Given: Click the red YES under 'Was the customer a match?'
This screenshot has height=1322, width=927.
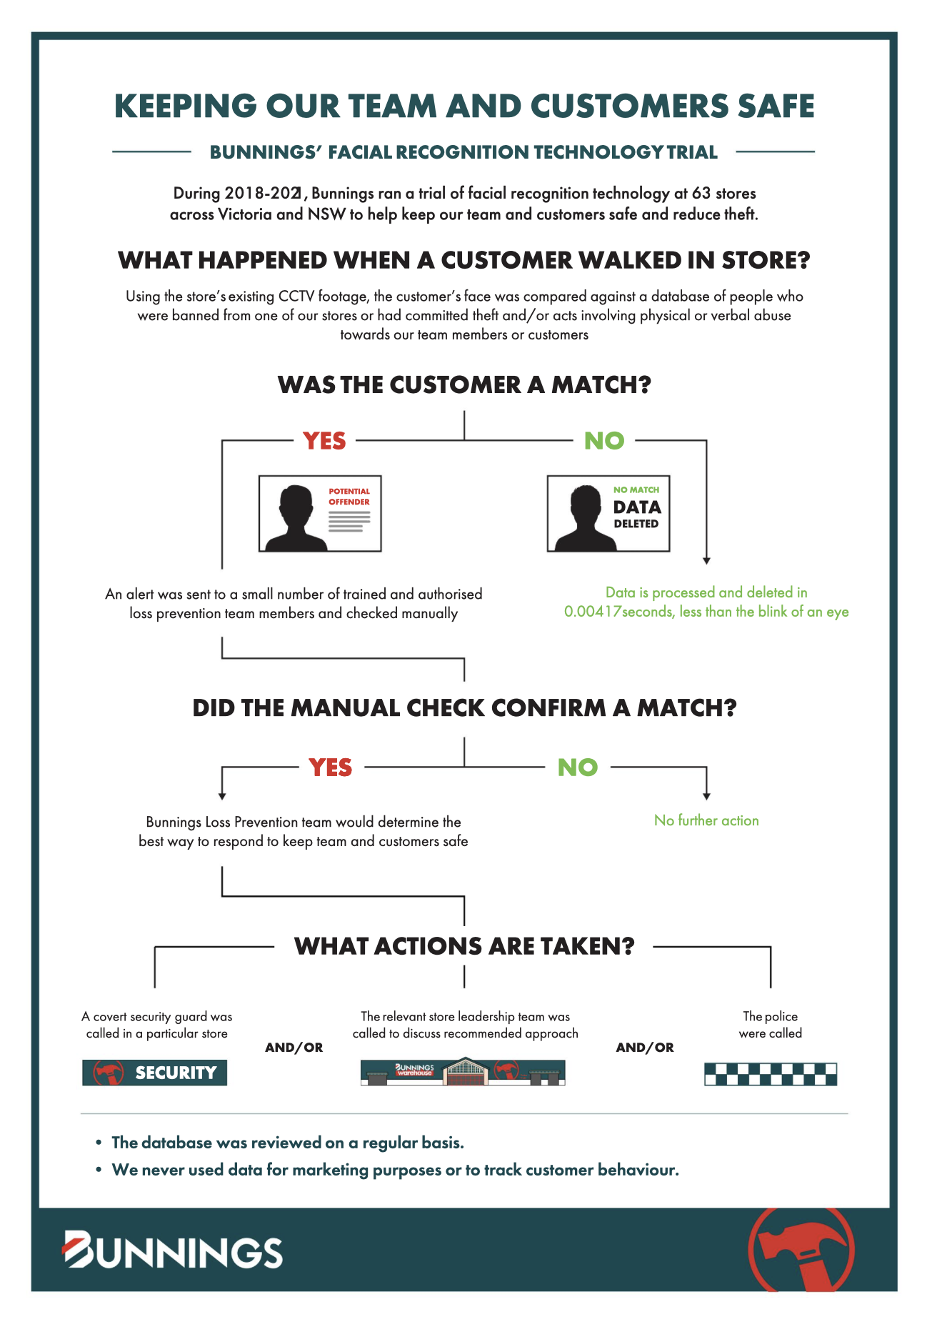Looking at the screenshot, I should [324, 441].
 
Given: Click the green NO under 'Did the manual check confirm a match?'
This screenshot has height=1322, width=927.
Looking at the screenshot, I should [577, 767].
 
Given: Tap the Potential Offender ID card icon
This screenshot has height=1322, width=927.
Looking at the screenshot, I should [320, 514].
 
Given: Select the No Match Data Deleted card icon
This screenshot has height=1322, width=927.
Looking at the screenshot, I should [608, 514].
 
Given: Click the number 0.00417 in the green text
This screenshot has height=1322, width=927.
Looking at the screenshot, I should [592, 612].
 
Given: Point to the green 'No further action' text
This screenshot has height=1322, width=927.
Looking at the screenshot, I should [706, 820].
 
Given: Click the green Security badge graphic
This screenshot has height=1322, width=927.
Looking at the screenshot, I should [154, 1073].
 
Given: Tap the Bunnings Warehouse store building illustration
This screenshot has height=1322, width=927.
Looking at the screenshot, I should [463, 1072].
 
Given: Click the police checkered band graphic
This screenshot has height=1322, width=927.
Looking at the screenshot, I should [770, 1074].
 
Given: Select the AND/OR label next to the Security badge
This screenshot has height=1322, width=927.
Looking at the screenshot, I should [294, 1048].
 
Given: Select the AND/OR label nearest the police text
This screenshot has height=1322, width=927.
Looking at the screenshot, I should [644, 1048].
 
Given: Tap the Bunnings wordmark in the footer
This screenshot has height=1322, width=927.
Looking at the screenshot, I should [173, 1251].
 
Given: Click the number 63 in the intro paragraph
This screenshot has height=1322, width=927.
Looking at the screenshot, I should [701, 193].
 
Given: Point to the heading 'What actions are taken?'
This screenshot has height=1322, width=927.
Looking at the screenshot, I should [464, 946].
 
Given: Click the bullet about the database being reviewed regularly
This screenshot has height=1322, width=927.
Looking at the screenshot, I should [288, 1143].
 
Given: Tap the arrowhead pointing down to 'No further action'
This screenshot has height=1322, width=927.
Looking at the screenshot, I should [706, 796].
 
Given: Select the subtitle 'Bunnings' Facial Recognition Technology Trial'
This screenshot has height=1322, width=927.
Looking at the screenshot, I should [464, 152].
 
